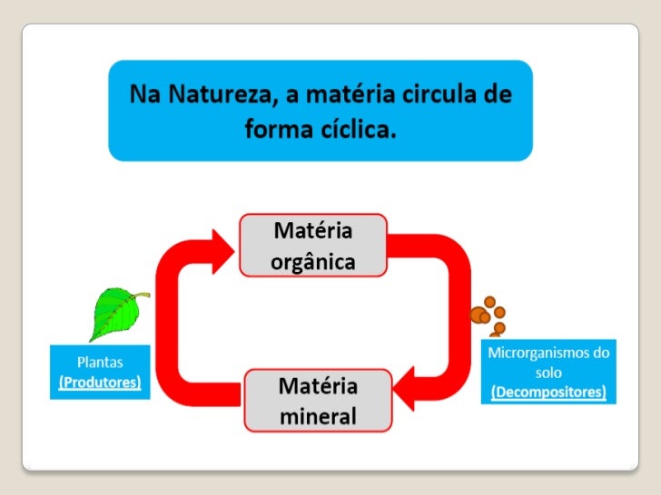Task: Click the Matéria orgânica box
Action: click(313, 246)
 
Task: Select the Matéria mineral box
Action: click(317, 402)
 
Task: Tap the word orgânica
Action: click(313, 261)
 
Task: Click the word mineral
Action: click(317, 417)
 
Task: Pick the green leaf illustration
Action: click(115, 313)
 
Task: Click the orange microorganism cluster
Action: click(491, 315)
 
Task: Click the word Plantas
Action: click(99, 362)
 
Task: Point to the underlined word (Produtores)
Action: click(99, 382)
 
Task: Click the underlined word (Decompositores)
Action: click(548, 393)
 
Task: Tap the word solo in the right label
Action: click(548, 373)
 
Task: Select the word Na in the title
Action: click(143, 95)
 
